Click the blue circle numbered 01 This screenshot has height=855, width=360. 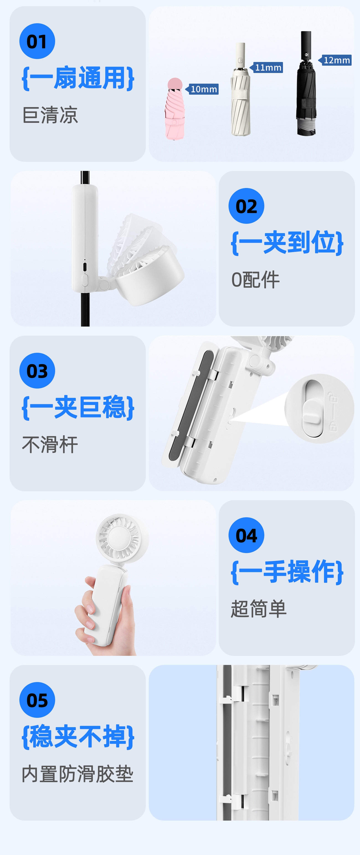[37, 41]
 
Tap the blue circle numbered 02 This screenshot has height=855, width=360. [246, 206]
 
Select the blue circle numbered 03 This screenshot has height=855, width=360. [37, 370]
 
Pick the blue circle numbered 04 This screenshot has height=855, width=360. [246, 535]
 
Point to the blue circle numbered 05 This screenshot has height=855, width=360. [37, 700]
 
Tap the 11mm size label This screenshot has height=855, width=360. [266, 67]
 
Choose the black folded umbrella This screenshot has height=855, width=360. [306, 83]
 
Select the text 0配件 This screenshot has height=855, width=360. [255, 279]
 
